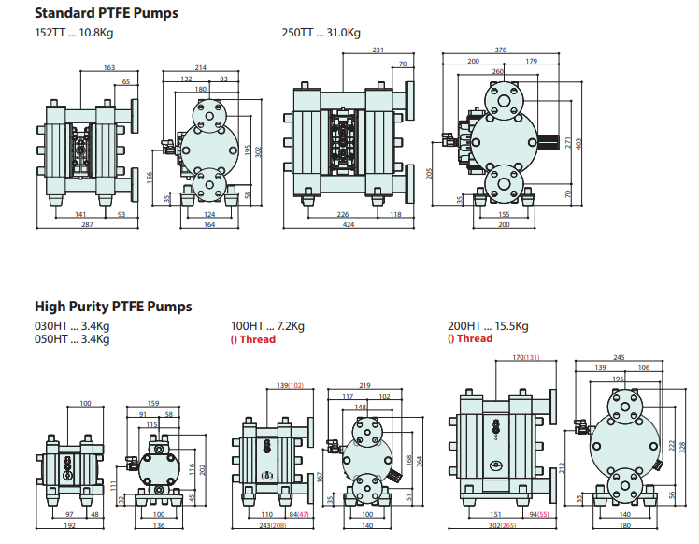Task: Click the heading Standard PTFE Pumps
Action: tap(107, 14)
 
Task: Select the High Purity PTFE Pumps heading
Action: tap(113, 307)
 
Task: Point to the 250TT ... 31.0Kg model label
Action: tap(321, 33)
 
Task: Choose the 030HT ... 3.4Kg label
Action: tap(72, 326)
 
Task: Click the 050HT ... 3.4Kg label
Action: tap(72, 339)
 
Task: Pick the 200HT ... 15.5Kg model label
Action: tap(489, 326)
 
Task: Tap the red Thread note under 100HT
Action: tap(253, 339)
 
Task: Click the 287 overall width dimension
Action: tap(87, 224)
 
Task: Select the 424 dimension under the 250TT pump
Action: tap(348, 224)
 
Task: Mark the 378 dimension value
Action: tap(501, 50)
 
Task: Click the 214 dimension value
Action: tap(200, 68)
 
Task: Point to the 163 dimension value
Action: tap(109, 68)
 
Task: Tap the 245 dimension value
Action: tap(620, 357)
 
